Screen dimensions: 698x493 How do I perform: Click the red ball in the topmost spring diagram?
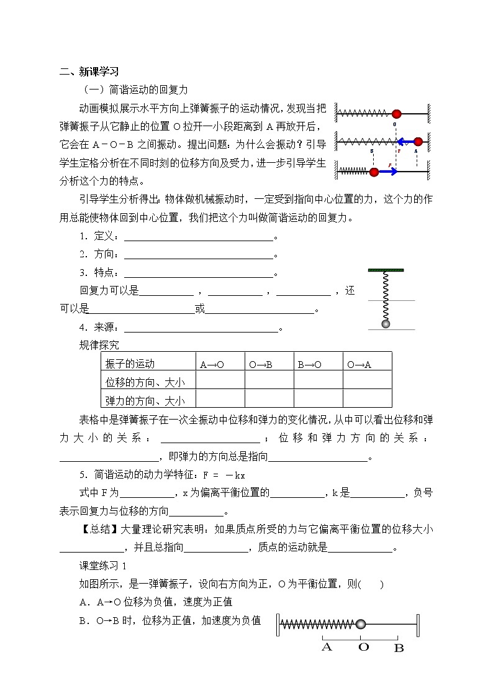[x=397, y=114]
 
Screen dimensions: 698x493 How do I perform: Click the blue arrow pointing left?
[x=406, y=141]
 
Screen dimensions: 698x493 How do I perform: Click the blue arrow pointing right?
[x=389, y=172]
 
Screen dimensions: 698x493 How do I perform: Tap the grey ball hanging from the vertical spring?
[x=386, y=324]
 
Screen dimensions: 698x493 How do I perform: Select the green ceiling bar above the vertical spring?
[x=386, y=270]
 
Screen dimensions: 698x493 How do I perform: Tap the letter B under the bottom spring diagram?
[x=399, y=647]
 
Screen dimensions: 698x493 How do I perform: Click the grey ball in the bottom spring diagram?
[x=360, y=623]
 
